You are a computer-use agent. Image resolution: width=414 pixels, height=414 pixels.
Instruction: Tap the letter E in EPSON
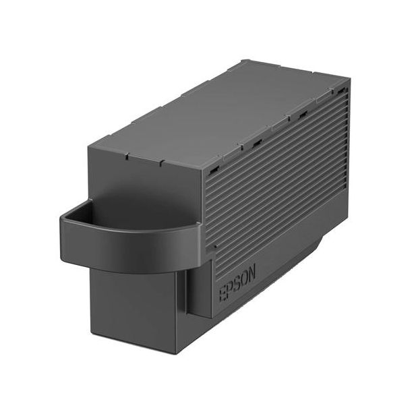coord(223,294)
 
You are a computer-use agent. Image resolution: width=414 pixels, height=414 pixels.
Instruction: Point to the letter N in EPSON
coord(252,273)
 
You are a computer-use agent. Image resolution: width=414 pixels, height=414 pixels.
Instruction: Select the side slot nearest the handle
coord(214,169)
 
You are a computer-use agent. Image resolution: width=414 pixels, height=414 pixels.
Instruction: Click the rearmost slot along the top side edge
coord(342,90)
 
